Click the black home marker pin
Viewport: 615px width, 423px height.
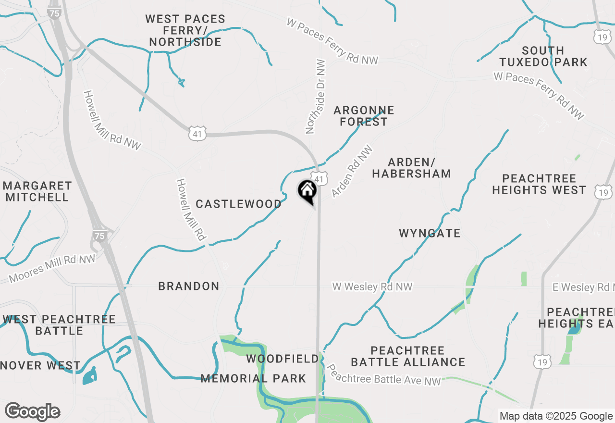[307, 191]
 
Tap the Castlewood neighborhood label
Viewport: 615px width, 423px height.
[239, 204]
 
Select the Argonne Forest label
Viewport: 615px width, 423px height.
[364, 116]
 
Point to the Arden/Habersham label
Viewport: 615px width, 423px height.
[411, 168]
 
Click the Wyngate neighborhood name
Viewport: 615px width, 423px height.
[430, 233]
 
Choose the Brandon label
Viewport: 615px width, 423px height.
[189, 286]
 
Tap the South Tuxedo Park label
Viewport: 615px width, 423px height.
[543, 56]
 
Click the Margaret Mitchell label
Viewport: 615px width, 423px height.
[37, 191]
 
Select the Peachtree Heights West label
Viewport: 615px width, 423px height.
[539, 184]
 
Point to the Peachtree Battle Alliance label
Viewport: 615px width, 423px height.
[408, 356]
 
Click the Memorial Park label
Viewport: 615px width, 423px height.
[253, 378]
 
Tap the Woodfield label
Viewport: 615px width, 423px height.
[283, 359]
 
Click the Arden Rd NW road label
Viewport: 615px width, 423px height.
[352, 172]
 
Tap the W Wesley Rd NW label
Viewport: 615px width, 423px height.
[372, 286]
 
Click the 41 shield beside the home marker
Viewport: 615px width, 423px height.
[319, 178]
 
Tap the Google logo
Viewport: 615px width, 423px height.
[32, 412]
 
